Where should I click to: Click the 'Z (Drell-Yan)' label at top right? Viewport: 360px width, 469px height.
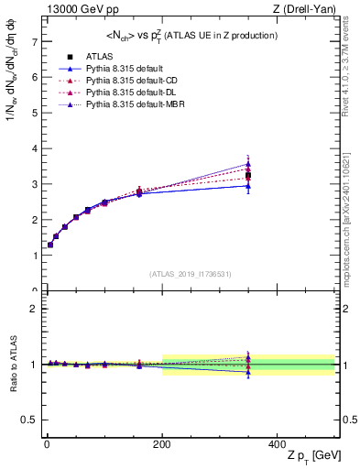304,9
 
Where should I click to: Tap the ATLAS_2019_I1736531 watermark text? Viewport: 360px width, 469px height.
189,274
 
